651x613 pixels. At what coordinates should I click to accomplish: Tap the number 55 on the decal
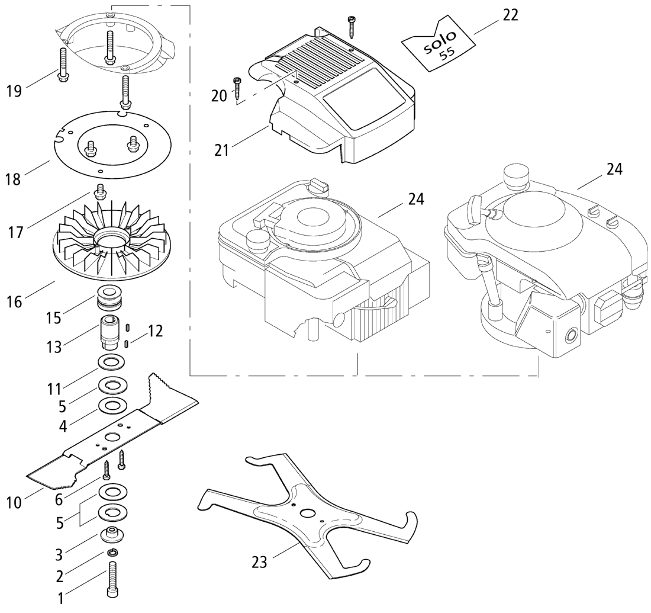(x=447, y=55)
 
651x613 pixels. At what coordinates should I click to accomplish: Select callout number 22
(x=510, y=15)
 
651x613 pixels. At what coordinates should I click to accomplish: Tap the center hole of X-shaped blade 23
(x=308, y=512)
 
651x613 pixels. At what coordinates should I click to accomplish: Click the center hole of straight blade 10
(x=111, y=437)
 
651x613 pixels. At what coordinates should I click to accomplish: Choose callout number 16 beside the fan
(x=14, y=301)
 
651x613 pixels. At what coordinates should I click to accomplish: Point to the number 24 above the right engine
(x=614, y=169)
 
